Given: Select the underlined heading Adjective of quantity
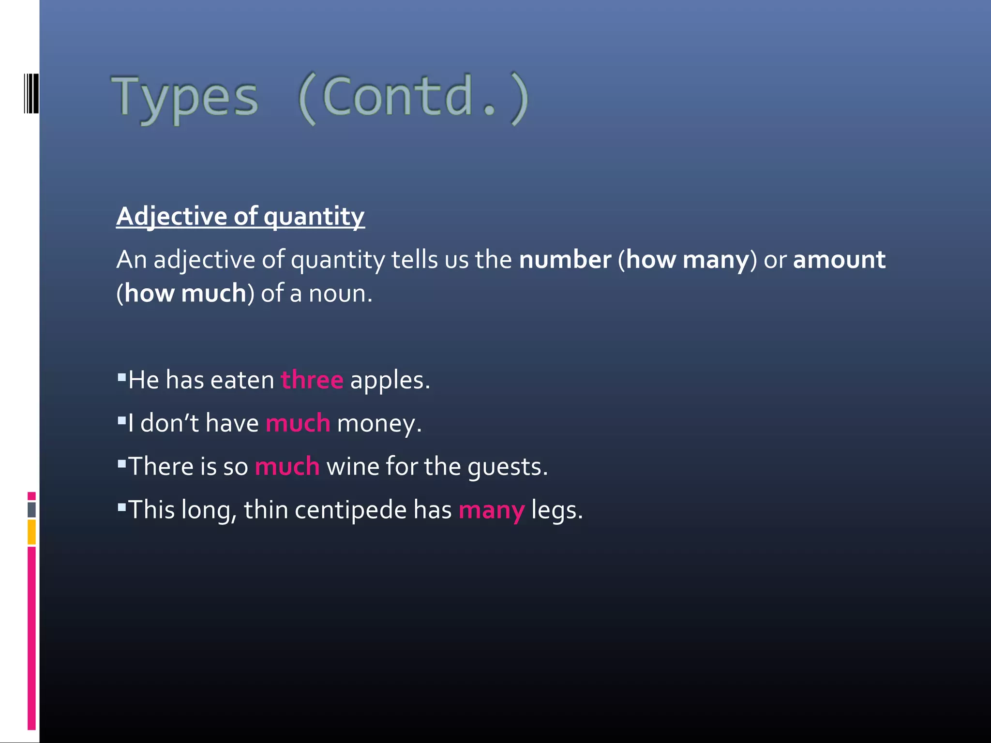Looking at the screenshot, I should (x=240, y=216).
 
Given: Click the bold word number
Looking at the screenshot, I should (x=565, y=260).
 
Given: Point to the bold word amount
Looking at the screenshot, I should (x=839, y=260).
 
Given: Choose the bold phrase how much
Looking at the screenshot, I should (x=185, y=294).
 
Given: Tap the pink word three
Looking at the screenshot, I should (x=312, y=380).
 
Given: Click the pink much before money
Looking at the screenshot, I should (x=298, y=423).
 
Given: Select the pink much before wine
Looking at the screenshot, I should (x=287, y=467).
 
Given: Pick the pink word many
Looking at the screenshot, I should (x=491, y=511).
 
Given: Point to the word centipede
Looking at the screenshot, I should (x=350, y=510).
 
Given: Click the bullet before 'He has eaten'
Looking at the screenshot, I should (x=121, y=377).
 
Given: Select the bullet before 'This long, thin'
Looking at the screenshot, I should (x=121, y=507).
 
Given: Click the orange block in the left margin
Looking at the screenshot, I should (x=31, y=532).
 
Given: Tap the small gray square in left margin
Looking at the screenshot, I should (x=31, y=509).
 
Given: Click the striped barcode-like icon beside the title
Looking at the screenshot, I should (x=31, y=93).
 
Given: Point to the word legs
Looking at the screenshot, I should (x=556, y=511).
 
